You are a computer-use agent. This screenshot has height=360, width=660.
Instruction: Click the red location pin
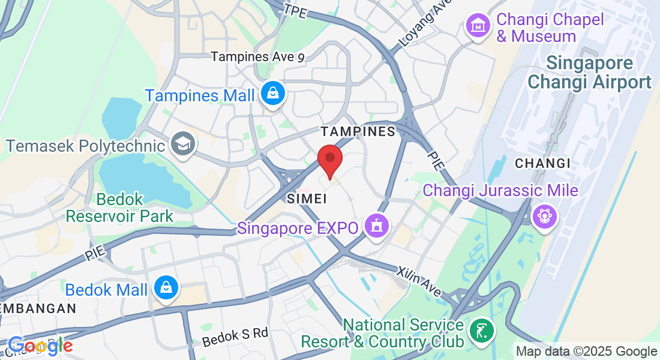(329, 160)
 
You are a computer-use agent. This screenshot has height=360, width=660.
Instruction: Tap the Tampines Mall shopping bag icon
(273, 94)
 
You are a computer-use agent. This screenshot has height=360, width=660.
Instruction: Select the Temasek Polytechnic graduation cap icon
(181, 144)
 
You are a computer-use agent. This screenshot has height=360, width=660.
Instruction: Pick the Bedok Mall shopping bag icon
(164, 289)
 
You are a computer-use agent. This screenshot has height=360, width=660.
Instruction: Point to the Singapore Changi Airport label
(590, 73)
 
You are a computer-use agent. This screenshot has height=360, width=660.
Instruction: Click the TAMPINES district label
(358, 131)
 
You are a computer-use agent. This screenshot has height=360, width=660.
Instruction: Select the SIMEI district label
(307, 198)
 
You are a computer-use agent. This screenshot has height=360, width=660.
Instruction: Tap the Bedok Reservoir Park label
(119, 208)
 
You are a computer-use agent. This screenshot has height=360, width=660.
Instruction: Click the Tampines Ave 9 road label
(258, 57)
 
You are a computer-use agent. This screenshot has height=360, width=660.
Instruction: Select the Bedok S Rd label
(235, 337)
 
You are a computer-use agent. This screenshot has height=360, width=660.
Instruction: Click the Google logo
(40, 346)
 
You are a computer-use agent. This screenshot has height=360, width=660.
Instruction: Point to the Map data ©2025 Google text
(586, 352)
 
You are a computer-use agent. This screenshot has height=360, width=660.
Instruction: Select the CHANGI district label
(542, 163)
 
